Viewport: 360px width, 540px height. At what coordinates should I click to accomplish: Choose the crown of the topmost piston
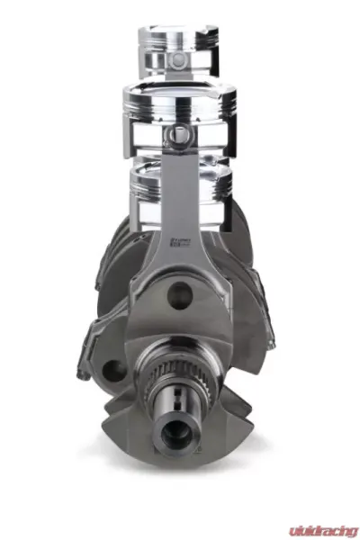coord(179,31)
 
